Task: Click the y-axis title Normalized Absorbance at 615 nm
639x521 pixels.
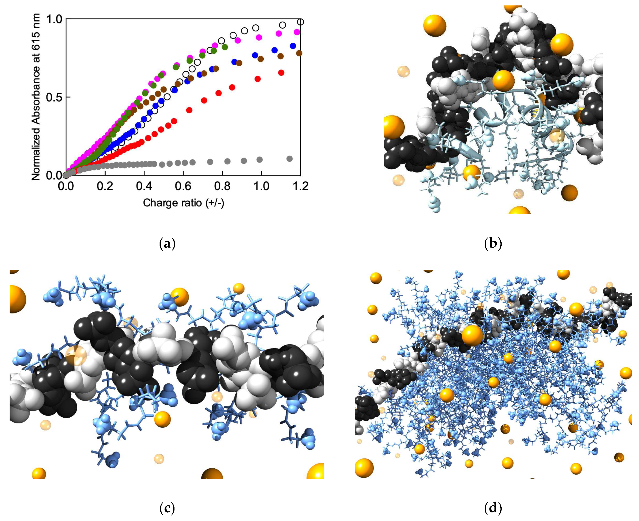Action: [36, 97]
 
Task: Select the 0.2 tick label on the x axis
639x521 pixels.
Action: [105, 186]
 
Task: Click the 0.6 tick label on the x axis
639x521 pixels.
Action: [183, 186]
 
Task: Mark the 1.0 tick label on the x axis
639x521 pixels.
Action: [261, 186]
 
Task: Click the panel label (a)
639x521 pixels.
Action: [167, 244]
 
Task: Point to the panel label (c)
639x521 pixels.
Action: [167, 508]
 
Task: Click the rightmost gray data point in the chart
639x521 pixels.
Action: [290, 159]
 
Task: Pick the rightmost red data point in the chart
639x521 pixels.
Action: [281, 73]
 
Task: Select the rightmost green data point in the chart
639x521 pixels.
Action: [225, 47]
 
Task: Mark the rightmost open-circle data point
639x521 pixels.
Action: [300, 22]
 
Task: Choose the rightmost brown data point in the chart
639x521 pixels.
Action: [299, 53]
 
